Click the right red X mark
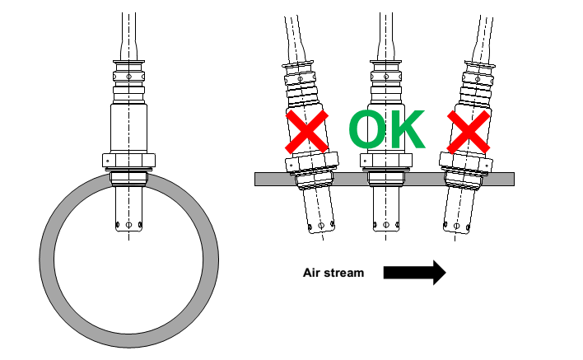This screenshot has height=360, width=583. [468, 131]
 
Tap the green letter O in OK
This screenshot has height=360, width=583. [367, 129]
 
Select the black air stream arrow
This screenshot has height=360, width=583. [415, 273]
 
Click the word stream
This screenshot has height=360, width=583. [345, 273]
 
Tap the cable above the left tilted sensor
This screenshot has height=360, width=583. [292, 33]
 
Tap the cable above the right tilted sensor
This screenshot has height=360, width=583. [481, 33]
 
